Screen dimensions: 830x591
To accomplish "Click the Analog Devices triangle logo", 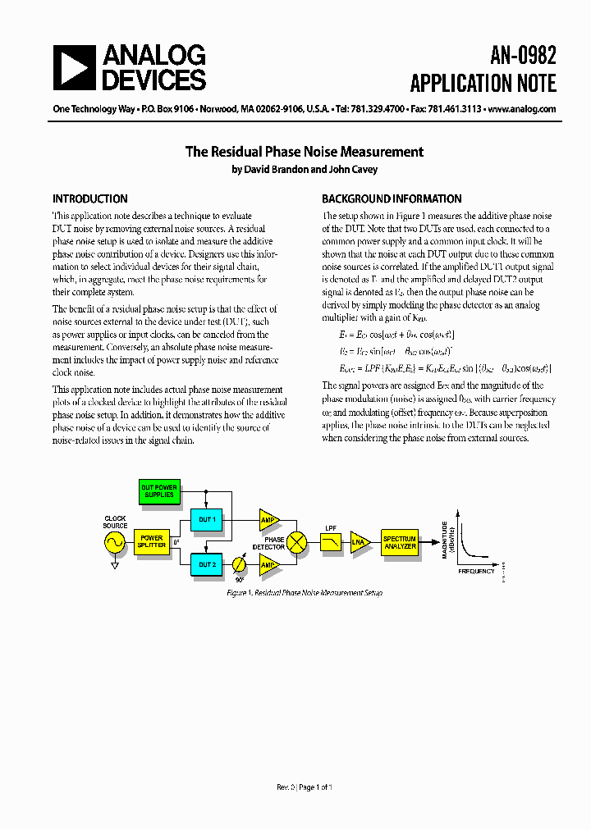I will (x=74, y=67).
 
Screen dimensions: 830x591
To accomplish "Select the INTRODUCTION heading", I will (x=90, y=198).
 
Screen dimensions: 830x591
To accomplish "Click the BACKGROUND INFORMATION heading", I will (x=392, y=198).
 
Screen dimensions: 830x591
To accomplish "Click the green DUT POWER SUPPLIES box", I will (x=159, y=491).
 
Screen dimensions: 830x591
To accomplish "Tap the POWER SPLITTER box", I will (x=151, y=541).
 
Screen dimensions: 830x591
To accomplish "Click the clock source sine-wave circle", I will (x=114, y=542).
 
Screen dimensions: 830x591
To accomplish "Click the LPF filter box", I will (x=331, y=542).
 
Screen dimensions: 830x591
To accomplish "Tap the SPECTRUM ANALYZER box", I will (x=400, y=542).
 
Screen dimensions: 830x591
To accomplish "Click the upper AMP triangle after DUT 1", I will (x=268, y=519).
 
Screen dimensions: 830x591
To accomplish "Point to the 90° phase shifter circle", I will (x=239, y=564).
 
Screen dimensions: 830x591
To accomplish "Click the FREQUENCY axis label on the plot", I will (x=476, y=571).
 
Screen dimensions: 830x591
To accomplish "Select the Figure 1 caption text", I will (x=304, y=592).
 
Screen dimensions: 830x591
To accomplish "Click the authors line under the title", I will (x=304, y=170).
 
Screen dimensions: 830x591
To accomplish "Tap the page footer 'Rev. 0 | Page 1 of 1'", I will (x=304, y=787).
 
